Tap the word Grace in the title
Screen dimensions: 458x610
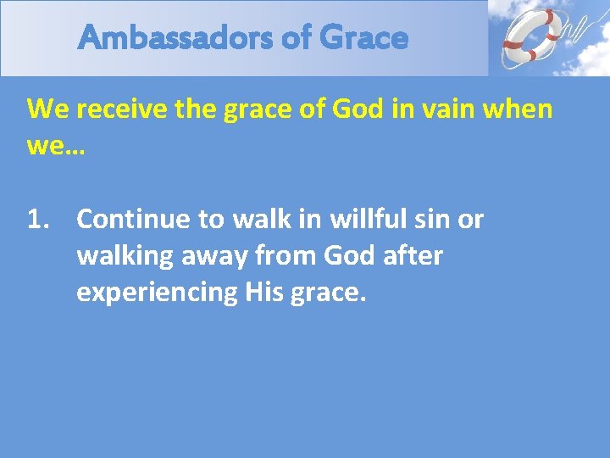coord(365,38)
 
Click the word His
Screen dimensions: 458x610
coord(266,293)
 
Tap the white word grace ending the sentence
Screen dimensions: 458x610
coord(330,293)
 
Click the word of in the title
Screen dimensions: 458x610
coord(302,38)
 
